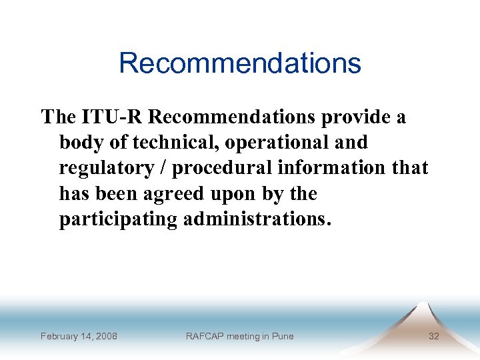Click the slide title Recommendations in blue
click(240, 63)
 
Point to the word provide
click(356, 117)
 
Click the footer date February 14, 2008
click(79, 336)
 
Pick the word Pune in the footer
click(282, 336)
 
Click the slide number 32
click(433, 336)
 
